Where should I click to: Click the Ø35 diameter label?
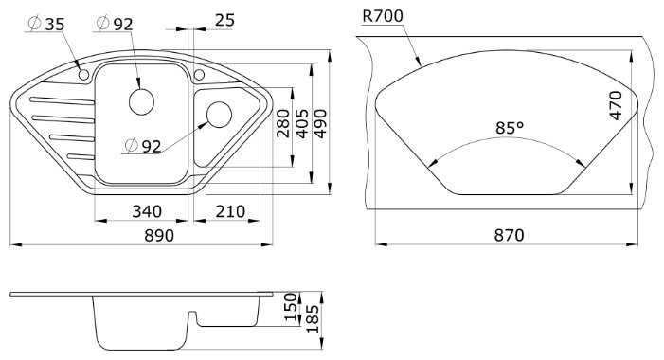[x=46, y=24]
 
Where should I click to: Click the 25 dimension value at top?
[x=224, y=20]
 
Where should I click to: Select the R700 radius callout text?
[x=383, y=16]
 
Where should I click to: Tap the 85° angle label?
[x=510, y=127]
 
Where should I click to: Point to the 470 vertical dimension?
[x=615, y=105]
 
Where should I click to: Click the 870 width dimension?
[x=509, y=235]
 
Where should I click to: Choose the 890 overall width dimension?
[x=159, y=235]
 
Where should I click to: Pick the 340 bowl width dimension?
[x=147, y=211]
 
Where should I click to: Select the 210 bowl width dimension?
[x=230, y=211]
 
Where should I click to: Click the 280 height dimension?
[x=283, y=123]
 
